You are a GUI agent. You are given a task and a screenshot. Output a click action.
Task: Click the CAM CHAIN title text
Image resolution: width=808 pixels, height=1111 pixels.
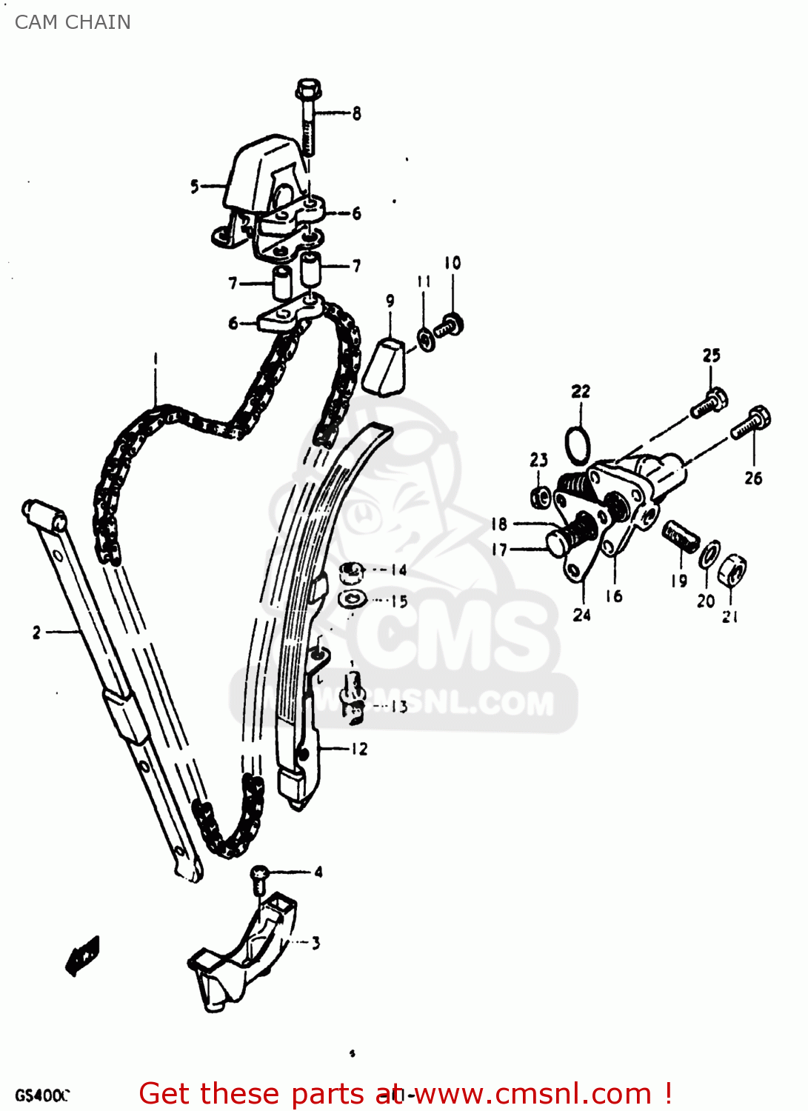(x=73, y=22)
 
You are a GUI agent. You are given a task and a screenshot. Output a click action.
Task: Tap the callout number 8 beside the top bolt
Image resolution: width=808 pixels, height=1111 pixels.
(x=356, y=113)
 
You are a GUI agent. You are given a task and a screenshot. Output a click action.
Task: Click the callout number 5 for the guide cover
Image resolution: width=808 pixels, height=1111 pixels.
(x=195, y=186)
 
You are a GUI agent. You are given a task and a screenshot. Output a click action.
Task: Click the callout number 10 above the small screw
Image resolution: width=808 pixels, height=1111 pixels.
(x=452, y=263)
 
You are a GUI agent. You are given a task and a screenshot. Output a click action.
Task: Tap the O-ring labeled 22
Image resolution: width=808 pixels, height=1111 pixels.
(x=578, y=445)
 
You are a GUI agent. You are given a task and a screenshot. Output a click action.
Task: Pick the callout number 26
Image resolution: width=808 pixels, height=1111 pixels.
(x=753, y=478)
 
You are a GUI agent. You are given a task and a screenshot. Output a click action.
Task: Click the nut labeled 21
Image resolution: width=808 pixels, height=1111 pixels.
(x=732, y=570)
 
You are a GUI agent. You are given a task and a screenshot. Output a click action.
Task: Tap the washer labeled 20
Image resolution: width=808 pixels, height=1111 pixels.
(x=709, y=553)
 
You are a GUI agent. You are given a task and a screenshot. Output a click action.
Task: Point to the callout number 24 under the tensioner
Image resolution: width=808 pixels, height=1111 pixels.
(x=581, y=615)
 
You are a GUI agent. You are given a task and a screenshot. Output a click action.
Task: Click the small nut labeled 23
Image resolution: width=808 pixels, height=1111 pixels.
(x=541, y=496)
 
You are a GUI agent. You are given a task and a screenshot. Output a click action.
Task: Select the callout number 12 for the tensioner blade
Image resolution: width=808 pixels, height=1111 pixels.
(x=359, y=749)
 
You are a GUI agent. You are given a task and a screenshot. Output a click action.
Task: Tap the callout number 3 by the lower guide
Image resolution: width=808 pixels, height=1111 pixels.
(x=315, y=943)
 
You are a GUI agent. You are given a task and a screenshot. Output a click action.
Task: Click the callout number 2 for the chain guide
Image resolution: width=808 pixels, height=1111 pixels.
(x=36, y=633)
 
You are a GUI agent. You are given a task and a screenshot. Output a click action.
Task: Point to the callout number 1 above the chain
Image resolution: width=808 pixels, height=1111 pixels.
(x=156, y=359)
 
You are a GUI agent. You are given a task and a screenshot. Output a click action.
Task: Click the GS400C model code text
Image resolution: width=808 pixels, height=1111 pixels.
(x=41, y=1095)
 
